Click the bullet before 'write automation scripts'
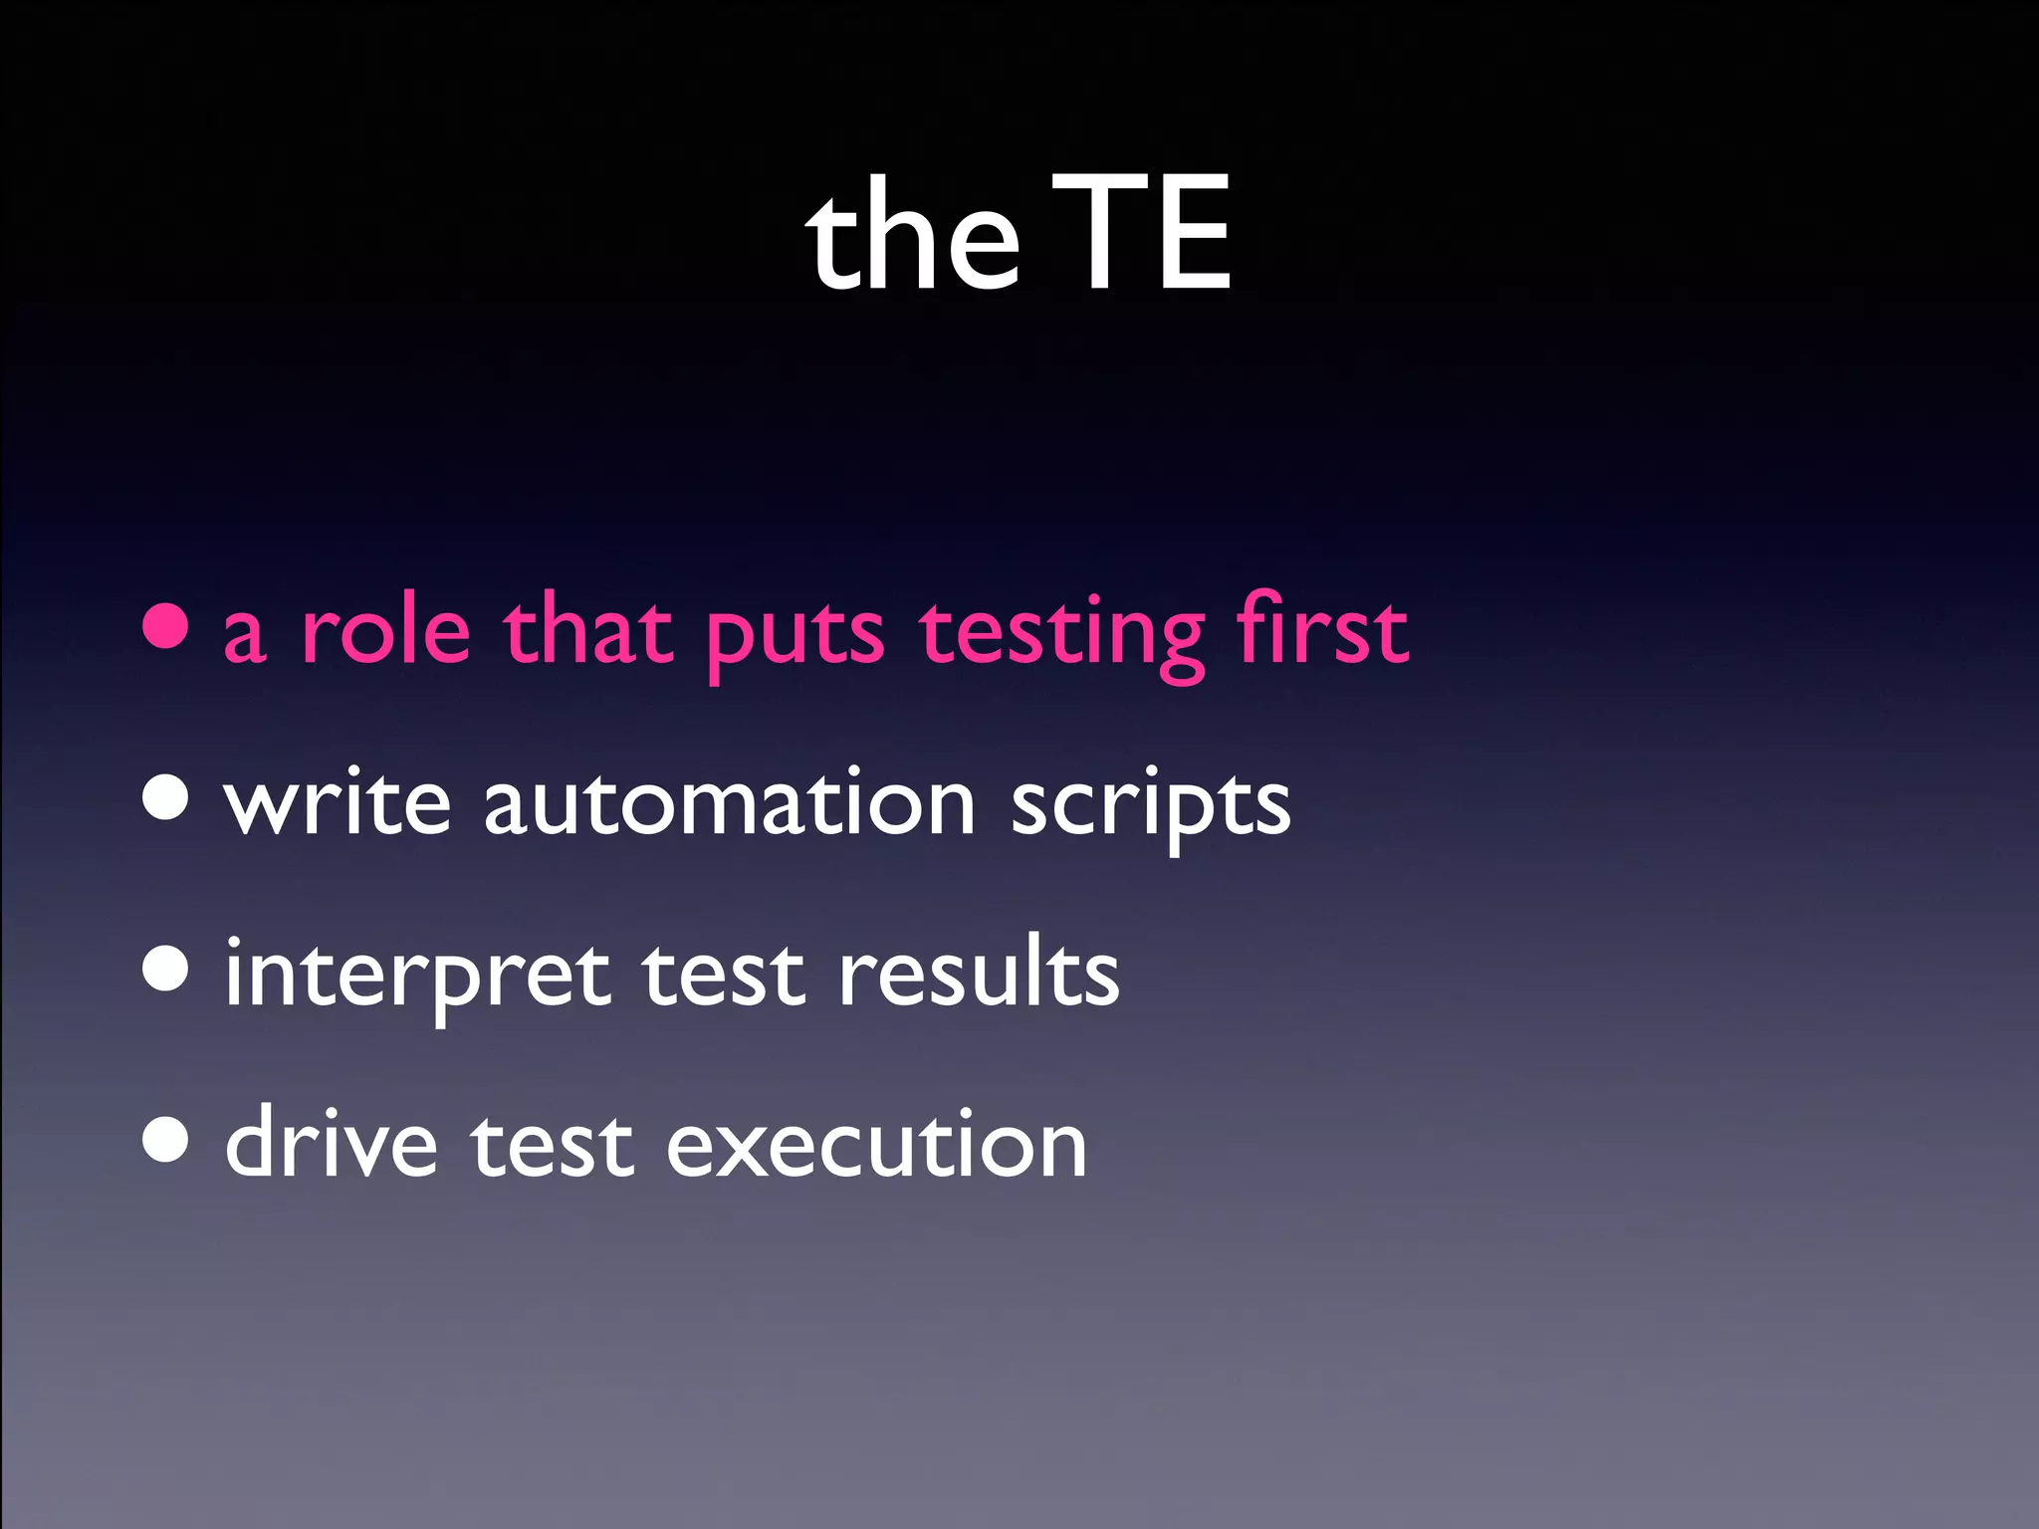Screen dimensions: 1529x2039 tap(165, 795)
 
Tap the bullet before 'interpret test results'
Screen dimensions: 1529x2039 tap(165, 968)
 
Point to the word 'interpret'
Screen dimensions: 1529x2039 tap(417, 976)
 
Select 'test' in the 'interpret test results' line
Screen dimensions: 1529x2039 tap(723, 974)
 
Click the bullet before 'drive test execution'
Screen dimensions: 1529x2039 tap(165, 1139)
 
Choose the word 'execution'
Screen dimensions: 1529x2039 tap(876, 1145)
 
